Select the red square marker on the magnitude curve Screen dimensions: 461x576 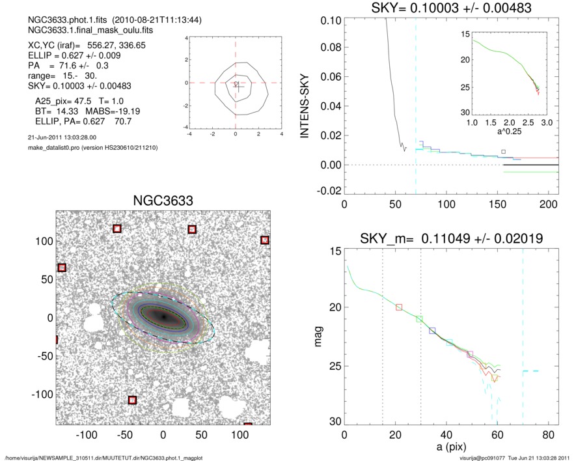point(399,307)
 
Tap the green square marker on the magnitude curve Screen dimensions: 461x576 point(420,319)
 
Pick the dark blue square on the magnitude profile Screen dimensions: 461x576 point(432,331)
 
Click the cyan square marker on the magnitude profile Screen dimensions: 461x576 point(450,342)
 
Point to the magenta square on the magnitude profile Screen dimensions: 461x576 point(470,354)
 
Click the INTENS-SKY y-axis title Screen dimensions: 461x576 point(304,105)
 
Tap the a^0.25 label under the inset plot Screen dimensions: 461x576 point(510,132)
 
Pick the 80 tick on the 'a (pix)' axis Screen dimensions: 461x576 point(549,435)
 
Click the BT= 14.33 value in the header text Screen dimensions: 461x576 point(51,111)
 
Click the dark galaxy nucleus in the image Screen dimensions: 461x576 point(163,317)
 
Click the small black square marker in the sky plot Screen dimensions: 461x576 point(503,152)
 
